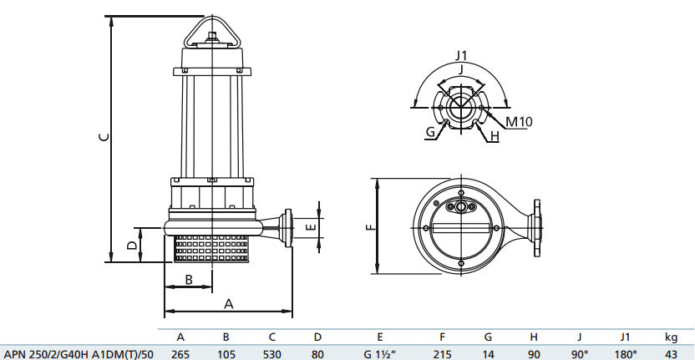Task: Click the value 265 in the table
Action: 180,352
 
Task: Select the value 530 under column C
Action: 271,352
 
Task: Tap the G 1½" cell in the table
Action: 380,352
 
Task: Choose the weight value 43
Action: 671,352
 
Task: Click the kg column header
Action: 671,337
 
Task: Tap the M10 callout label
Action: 519,121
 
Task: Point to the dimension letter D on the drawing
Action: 130,245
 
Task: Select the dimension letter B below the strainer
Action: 189,280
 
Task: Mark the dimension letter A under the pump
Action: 227,305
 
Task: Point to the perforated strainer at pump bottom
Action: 212,248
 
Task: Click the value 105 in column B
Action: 226,352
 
